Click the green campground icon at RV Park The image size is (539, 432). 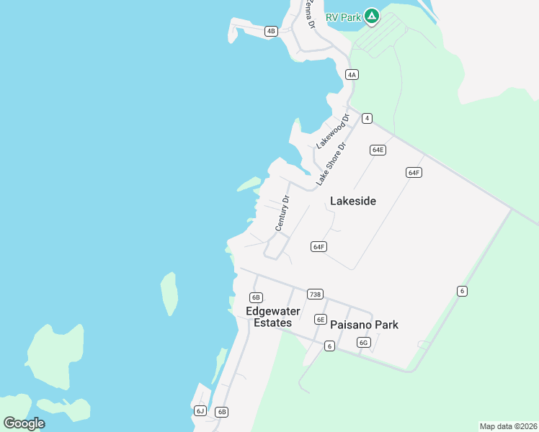click(371, 15)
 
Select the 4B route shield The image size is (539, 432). click(271, 31)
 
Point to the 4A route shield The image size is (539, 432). click(352, 74)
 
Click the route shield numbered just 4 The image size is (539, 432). click(367, 118)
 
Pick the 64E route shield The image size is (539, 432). click(378, 150)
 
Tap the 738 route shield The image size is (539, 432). click(315, 294)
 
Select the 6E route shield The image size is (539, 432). click(321, 320)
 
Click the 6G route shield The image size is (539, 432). click(364, 343)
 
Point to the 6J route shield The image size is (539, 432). click(200, 411)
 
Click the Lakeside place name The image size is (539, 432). click(353, 201)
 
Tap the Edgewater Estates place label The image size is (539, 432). click(269, 317)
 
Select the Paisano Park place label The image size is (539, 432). click(364, 325)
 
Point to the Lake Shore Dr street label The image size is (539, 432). click(331, 165)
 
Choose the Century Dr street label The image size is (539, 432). click(282, 213)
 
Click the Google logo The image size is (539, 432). click(24, 423)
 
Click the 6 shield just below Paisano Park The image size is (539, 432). click(329, 346)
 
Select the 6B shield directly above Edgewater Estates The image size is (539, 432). click(256, 297)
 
